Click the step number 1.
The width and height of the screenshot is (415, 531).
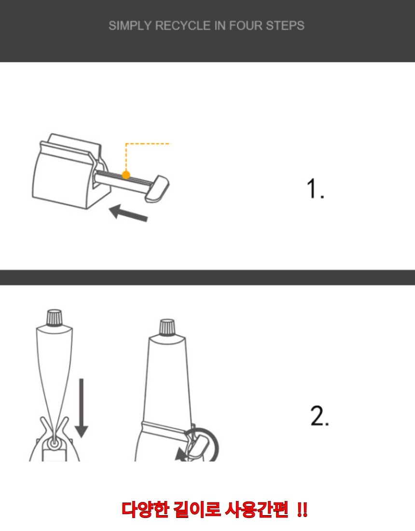315,189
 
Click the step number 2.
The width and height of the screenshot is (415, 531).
319,416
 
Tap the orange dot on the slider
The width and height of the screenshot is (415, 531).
126,175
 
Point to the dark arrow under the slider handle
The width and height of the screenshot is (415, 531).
128,213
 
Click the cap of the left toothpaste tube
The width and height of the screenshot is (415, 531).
55,317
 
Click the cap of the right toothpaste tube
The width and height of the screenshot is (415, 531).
167,327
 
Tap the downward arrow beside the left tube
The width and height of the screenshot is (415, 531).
81,408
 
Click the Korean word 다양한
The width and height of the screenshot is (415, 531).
145,509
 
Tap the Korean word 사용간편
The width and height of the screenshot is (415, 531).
257,509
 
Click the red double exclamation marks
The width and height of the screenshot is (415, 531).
302,509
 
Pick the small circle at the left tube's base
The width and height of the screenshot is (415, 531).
53,443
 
